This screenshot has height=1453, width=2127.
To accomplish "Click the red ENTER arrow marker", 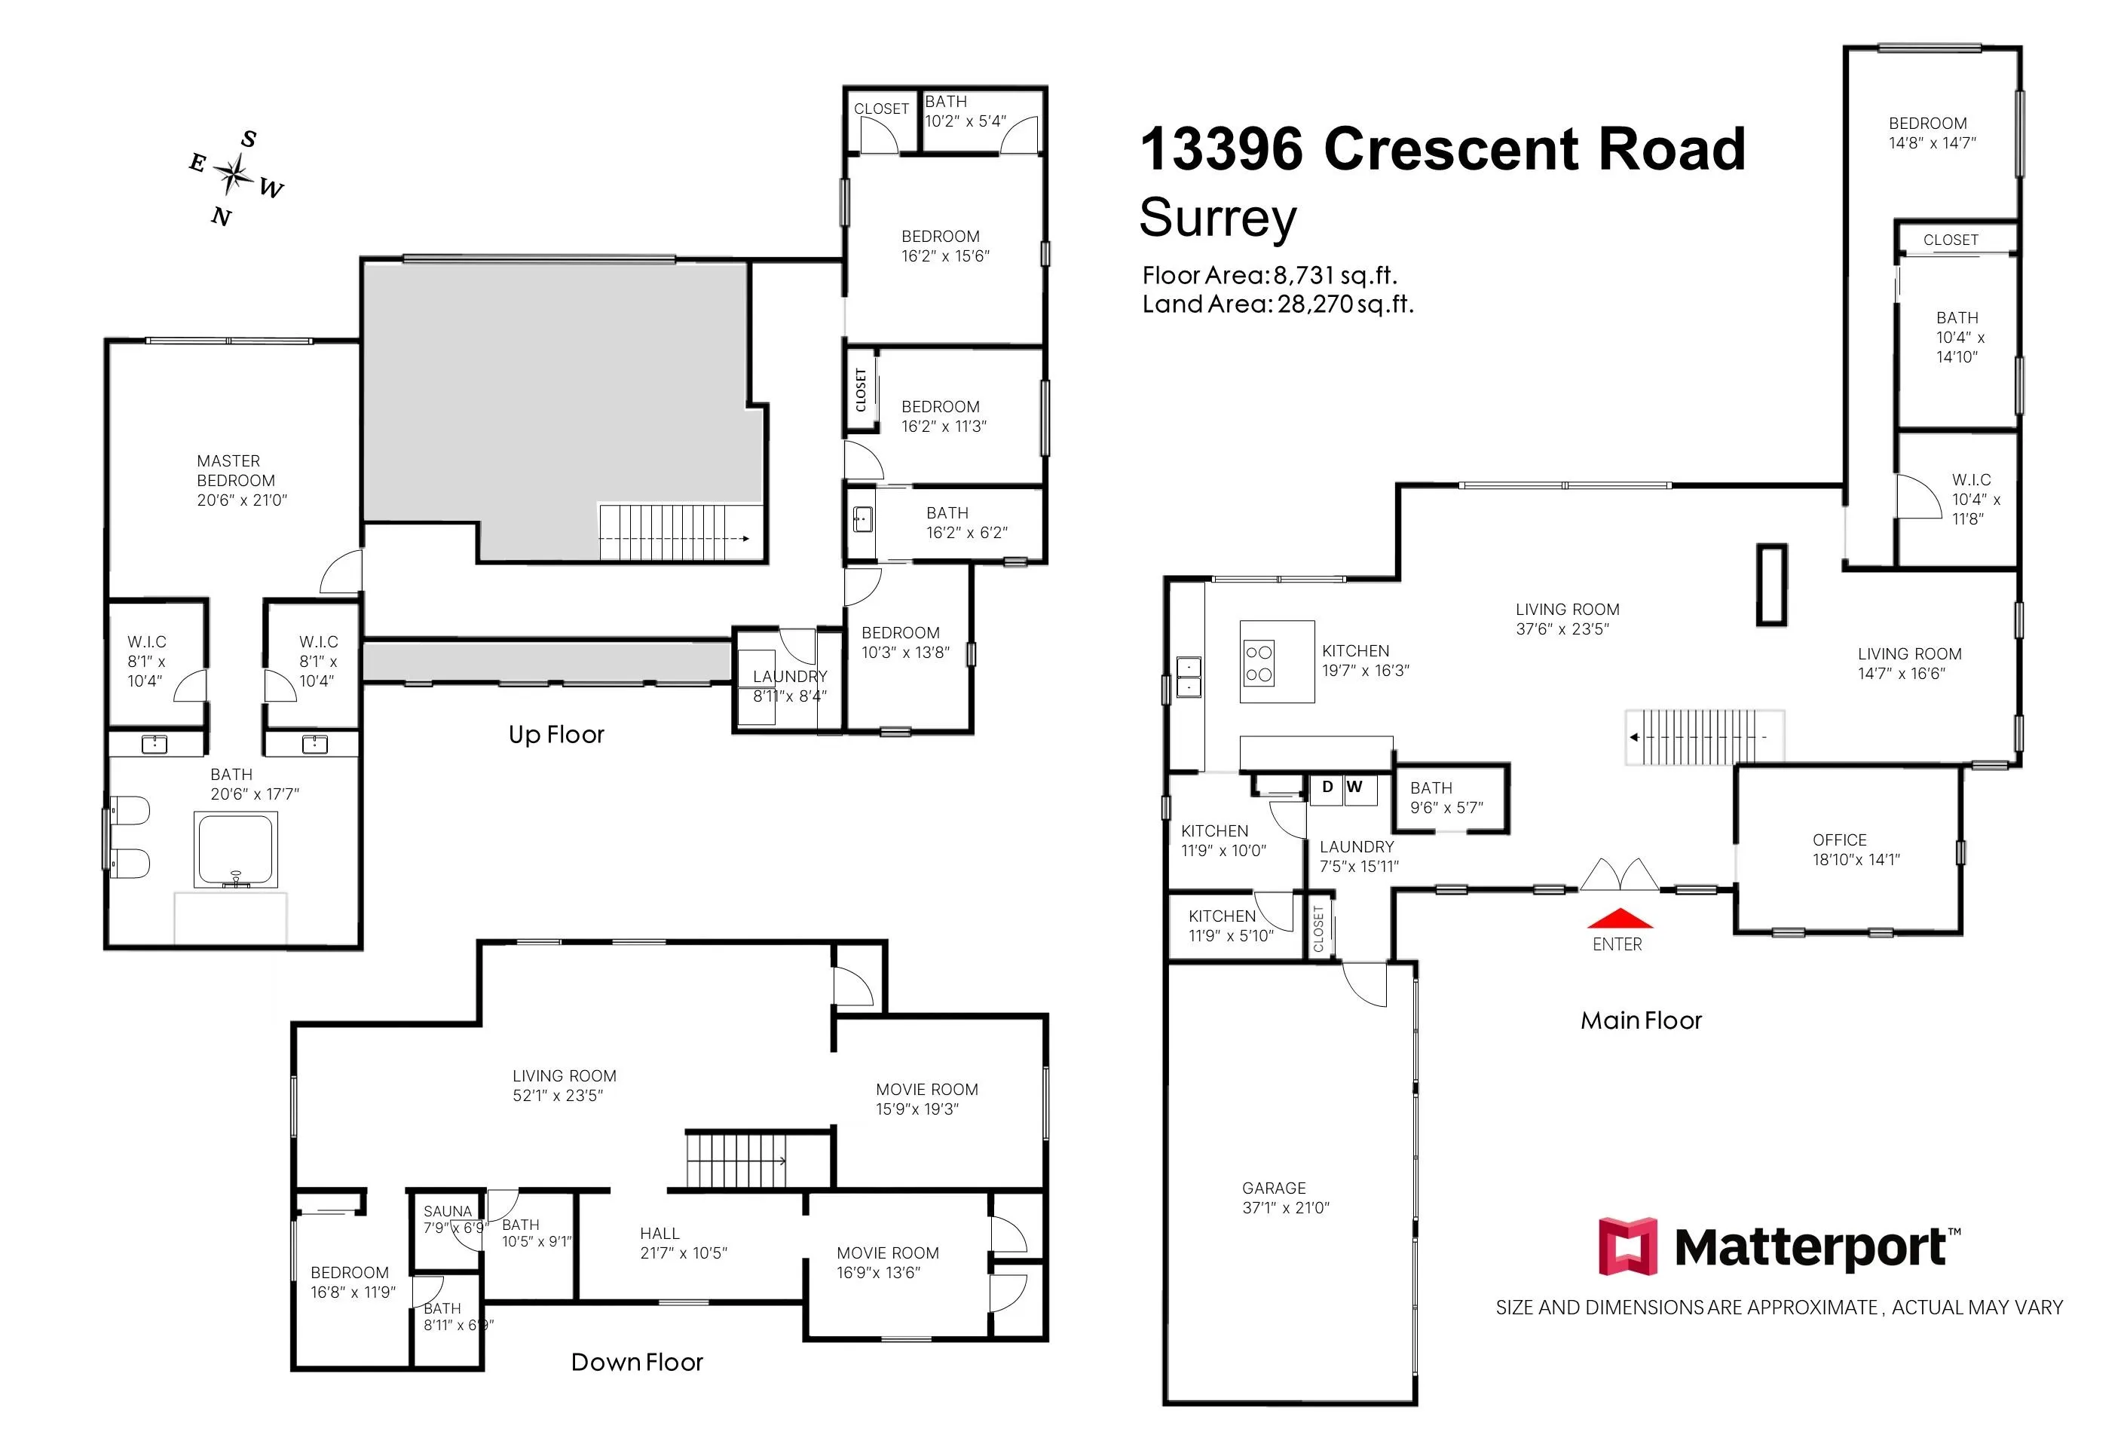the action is (1619, 918).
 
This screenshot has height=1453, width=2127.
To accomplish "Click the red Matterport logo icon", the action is (1627, 1247).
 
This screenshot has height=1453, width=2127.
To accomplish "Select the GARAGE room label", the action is (1273, 1188).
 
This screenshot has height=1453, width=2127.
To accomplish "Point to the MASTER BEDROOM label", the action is (236, 470).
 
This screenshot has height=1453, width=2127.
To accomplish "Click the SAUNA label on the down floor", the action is (448, 1210).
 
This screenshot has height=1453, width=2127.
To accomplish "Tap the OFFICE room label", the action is (1840, 840).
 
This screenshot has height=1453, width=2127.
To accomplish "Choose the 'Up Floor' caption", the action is (556, 735).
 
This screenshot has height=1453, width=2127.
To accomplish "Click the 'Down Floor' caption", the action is (637, 1363).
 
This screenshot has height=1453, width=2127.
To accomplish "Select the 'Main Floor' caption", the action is (1641, 1021).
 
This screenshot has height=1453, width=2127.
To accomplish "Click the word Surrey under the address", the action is (1218, 219).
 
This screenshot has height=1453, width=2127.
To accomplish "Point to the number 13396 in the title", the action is (1221, 148).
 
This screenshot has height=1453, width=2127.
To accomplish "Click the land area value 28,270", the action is (1315, 304).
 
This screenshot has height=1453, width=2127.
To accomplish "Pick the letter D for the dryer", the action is (1327, 787).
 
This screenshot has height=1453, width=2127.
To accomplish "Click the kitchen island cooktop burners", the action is (1259, 663).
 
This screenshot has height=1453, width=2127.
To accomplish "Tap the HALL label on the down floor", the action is (660, 1234).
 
